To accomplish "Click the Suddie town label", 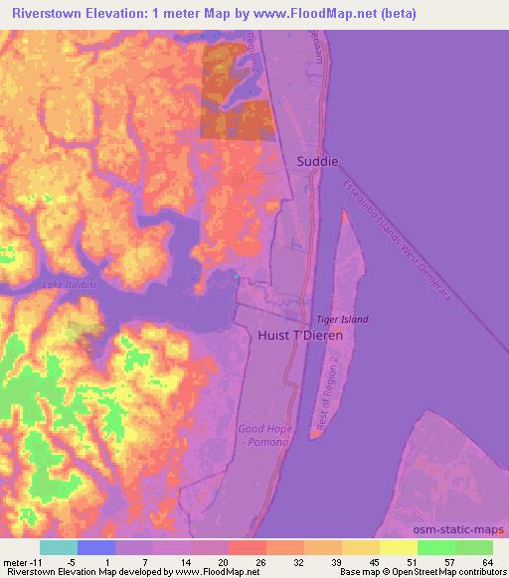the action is [x=317, y=160].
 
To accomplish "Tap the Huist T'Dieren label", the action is [x=299, y=336].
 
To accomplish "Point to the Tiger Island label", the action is [x=342, y=319].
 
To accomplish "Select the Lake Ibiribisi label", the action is [x=69, y=285].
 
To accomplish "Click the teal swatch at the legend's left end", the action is [x=58, y=547].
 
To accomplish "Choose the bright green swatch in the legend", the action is [x=436, y=547].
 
